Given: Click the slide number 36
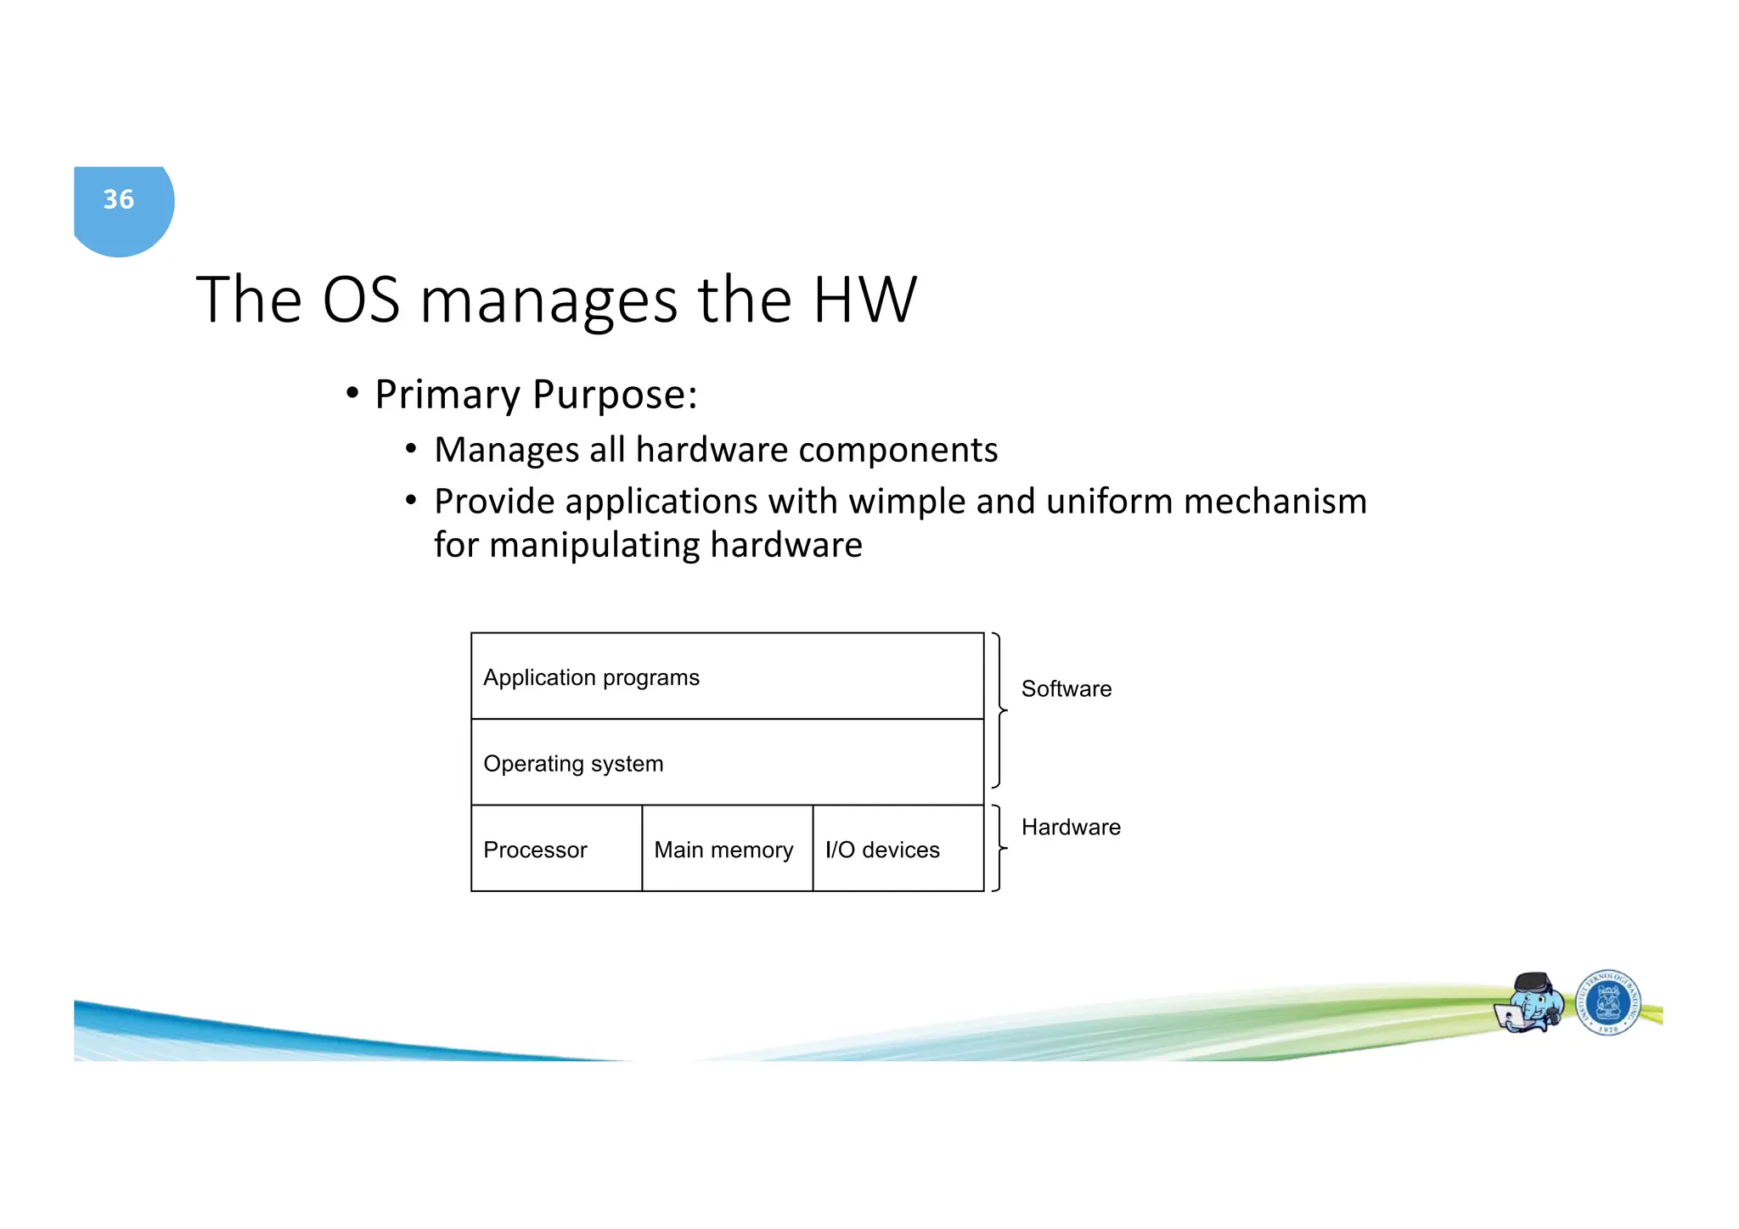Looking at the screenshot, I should coord(119,199).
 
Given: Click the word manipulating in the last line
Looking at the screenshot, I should coord(594,545).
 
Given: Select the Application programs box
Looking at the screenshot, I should coord(727,676).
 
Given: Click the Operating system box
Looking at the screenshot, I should coord(727,762).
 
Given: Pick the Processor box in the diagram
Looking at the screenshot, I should coord(556,849).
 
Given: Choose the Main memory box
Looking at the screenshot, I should coord(727,849).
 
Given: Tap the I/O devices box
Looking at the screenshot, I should coord(898,849).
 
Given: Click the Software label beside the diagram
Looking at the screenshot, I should coord(1066,688).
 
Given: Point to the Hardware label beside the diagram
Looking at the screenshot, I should coord(1070,827).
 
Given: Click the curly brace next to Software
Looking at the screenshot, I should coord(999,710).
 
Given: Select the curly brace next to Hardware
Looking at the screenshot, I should coord(999,848).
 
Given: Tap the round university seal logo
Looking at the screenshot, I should coord(1607,1003).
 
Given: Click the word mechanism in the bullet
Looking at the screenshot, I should coord(1275,502).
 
